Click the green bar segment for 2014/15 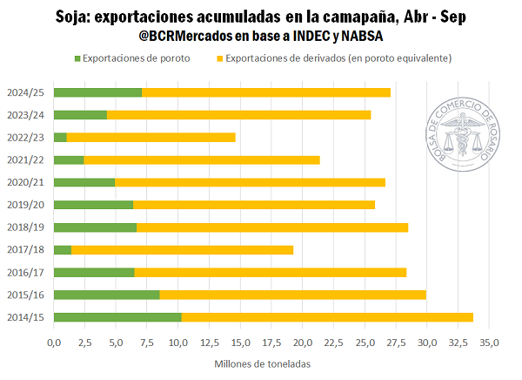tap(117, 317)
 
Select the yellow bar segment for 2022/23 tap(151, 137)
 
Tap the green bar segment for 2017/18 tap(63, 249)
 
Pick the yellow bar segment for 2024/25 tap(265, 92)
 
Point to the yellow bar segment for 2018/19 tap(272, 227)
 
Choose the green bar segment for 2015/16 tap(106, 295)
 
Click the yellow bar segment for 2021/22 tap(202, 159)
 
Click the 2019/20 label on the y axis tap(26, 205)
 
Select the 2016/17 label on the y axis tap(26, 272)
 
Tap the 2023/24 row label tap(26, 115)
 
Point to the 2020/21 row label tap(26, 182)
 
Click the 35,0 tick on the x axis tap(490, 343)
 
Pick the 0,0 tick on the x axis tap(54, 343)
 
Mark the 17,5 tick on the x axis tap(271, 343)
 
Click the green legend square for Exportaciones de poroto tap(77, 58)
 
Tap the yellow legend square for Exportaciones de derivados tap(219, 58)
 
